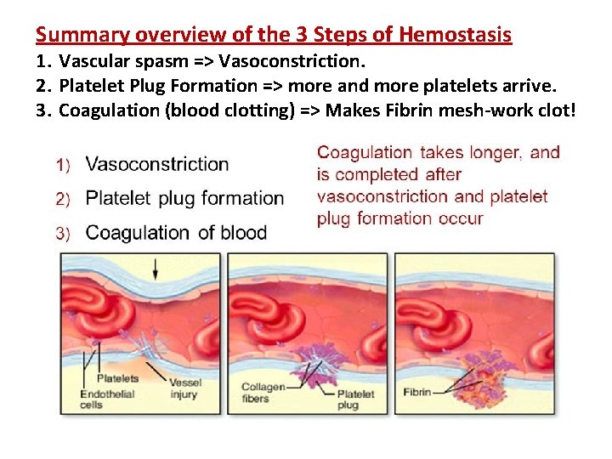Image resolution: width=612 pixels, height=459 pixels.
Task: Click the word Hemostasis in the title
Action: (455, 35)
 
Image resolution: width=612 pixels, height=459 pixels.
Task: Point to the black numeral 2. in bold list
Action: (44, 86)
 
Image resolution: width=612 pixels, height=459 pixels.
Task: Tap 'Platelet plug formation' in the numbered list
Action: (185, 198)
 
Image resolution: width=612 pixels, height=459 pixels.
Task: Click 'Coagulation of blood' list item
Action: (176, 233)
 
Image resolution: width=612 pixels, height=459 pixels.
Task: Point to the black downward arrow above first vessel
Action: (155, 269)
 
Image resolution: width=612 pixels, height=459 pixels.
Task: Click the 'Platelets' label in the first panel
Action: (117, 378)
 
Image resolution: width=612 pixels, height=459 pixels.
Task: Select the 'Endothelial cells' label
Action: (101, 399)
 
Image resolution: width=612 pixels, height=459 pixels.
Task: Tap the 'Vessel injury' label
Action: (184, 388)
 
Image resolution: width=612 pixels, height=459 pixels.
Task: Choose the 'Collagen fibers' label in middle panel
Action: (263, 393)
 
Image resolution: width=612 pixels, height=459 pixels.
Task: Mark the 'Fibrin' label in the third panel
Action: (416, 393)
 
